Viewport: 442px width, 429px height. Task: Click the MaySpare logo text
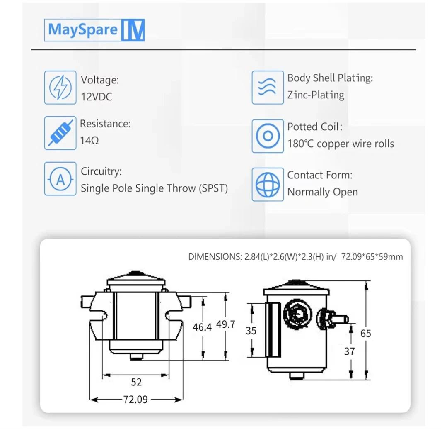(x=82, y=30)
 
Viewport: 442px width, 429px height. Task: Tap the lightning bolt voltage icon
(x=60, y=88)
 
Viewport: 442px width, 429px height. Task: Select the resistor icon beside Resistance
(x=60, y=133)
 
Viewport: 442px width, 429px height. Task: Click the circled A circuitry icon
(x=60, y=179)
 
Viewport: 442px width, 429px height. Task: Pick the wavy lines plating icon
(x=268, y=88)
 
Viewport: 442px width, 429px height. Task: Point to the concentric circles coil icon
(x=268, y=136)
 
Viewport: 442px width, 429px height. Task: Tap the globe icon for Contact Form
(x=268, y=185)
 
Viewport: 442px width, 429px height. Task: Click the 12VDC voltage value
(x=97, y=97)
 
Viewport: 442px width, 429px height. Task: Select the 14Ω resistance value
(x=89, y=141)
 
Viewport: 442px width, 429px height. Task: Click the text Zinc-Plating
(x=316, y=95)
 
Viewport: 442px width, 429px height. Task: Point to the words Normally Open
(x=322, y=192)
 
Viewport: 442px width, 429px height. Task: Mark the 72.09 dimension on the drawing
(x=135, y=400)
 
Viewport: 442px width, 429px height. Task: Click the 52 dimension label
(x=136, y=382)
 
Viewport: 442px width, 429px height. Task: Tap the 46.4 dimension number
(x=202, y=327)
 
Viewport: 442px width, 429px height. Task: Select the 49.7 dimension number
(x=225, y=324)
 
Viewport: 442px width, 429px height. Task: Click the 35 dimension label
(x=251, y=331)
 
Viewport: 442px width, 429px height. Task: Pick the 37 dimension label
(x=350, y=351)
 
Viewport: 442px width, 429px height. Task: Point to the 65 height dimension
(x=366, y=333)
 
